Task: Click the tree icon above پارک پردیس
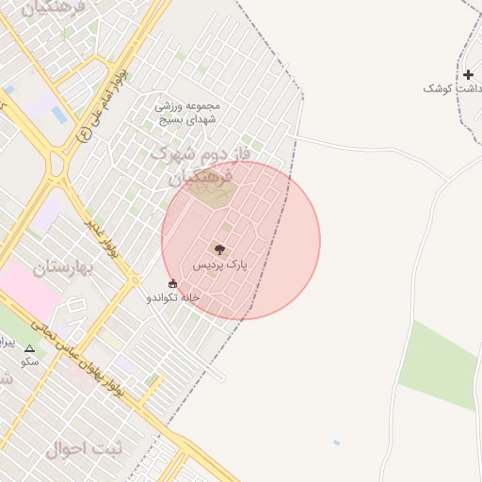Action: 219,249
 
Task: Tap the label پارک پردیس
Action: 219,265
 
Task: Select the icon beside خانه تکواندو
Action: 171,283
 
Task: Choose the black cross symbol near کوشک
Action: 468,74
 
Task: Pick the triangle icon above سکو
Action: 29,347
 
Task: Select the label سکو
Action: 30,361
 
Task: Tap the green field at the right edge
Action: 440,367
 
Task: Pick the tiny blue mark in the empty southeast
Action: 336,442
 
